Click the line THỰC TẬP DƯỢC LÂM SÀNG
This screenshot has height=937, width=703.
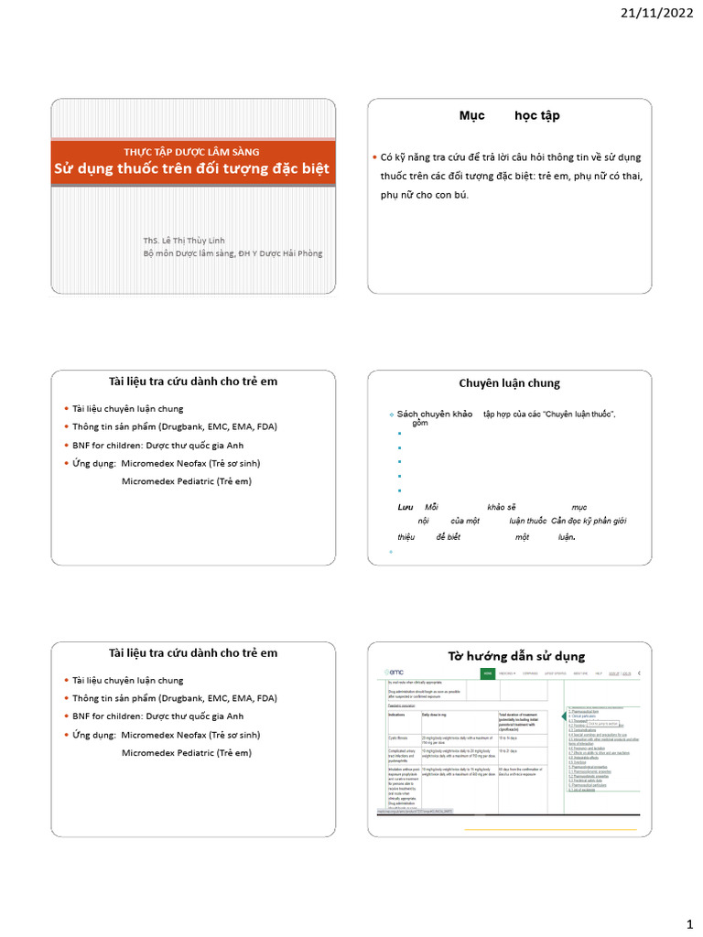tap(191, 151)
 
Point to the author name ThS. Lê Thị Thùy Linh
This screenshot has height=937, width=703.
tap(183, 240)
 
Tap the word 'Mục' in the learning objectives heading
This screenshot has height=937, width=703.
tap(471, 116)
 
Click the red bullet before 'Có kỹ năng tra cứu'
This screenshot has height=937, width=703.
tap(373, 158)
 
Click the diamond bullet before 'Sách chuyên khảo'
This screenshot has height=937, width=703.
tap(391, 415)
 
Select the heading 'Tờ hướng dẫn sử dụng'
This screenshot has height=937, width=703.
tap(515, 656)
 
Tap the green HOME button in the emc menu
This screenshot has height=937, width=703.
tap(488, 673)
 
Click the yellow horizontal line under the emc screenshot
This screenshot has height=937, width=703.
tap(549, 829)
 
